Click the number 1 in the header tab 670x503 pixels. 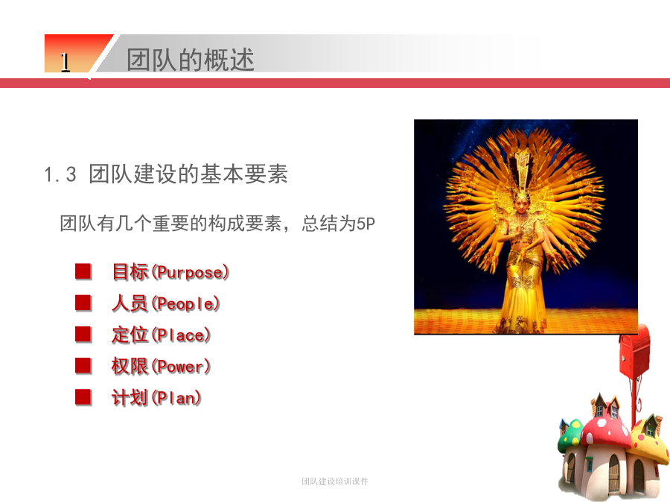point(65,63)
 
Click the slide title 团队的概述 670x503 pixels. point(190,60)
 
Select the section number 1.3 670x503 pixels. point(60,174)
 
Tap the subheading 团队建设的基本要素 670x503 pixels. point(188,174)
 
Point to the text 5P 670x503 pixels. point(366,224)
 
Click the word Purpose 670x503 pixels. point(191,273)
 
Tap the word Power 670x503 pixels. point(181,367)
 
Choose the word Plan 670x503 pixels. point(176,398)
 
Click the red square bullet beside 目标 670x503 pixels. point(83,271)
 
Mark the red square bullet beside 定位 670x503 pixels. point(83,335)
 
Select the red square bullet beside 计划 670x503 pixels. point(83,397)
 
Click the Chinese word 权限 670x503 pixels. point(130,367)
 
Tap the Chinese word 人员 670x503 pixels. point(130,304)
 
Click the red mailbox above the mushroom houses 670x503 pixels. point(634,352)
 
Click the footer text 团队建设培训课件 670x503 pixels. point(334,481)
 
